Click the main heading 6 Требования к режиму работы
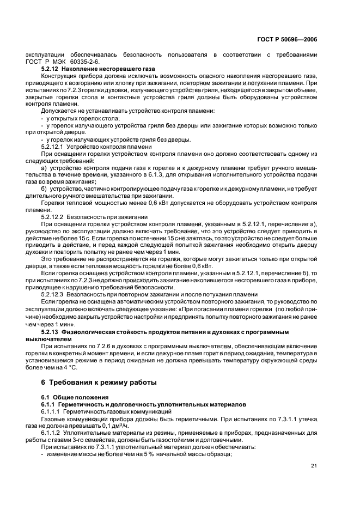94,382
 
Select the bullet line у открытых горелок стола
82,118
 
